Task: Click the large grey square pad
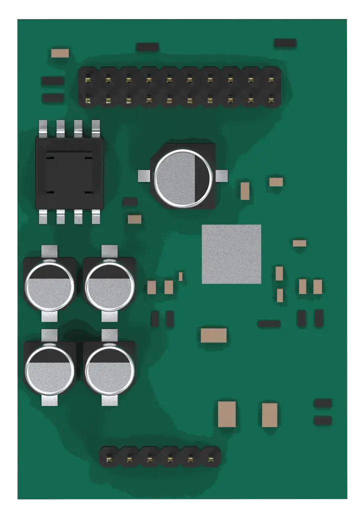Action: (231, 254)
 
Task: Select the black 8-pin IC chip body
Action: (69, 173)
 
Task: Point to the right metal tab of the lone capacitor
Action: (221, 175)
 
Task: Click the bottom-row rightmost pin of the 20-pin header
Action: (271, 99)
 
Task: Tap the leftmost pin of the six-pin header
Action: (108, 457)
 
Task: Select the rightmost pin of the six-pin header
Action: (210, 457)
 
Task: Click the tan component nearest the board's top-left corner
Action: (60, 53)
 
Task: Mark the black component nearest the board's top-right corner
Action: (285, 43)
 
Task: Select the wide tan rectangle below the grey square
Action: (213, 335)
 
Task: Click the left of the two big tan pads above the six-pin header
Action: (226, 414)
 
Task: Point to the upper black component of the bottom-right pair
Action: (322, 403)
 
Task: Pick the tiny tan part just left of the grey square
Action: (180, 276)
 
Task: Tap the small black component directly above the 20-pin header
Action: (147, 47)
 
